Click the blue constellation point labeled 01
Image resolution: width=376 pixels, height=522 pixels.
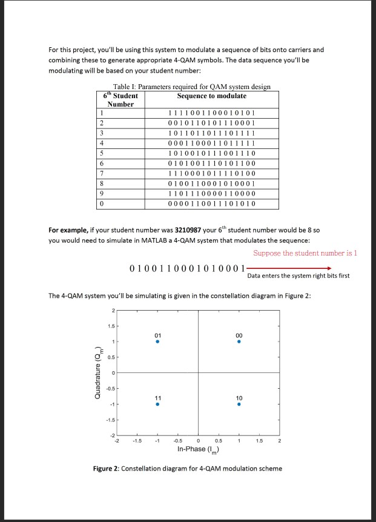point(157,342)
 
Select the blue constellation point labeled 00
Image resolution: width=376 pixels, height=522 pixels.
point(239,342)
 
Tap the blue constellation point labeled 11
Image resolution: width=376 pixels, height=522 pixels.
point(157,405)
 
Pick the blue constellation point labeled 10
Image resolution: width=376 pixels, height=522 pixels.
point(239,405)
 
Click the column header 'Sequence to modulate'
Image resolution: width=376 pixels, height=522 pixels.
point(212,96)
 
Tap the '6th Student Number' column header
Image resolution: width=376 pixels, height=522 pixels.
point(120,100)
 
